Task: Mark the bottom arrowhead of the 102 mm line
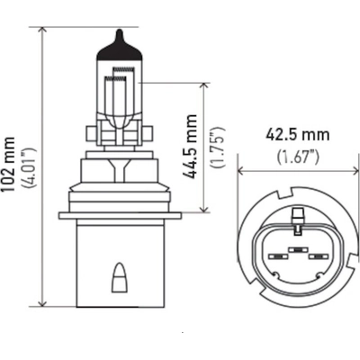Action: pos(43,303)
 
